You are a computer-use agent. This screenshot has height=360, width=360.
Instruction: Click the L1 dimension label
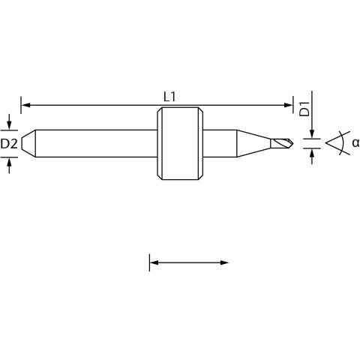point(169,97)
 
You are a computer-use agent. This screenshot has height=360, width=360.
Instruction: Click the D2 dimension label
point(9,144)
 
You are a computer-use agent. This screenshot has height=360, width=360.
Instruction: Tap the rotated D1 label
point(304,109)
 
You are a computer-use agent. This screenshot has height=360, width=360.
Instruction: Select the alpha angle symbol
point(355,143)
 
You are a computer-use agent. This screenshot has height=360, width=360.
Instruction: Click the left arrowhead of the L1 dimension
point(25,105)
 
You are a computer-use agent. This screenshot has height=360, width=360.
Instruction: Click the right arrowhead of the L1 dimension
point(288,105)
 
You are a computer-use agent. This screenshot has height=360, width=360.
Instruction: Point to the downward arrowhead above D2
point(9,125)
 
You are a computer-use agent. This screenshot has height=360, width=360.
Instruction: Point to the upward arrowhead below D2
point(9,163)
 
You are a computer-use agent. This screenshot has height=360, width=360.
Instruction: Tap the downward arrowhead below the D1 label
point(312,133)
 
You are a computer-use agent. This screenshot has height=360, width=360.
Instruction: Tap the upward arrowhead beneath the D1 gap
point(312,153)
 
